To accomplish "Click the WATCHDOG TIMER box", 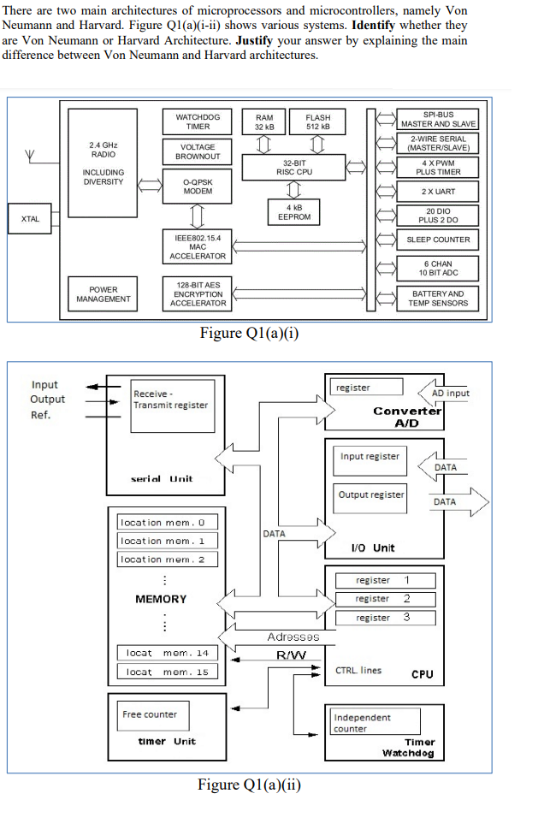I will click(198, 121).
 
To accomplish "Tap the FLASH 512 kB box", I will click(317, 121).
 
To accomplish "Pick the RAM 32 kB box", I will click(264, 121).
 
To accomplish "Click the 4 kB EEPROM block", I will click(293, 212).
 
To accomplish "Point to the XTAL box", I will click(30, 218).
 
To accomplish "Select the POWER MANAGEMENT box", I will click(103, 294).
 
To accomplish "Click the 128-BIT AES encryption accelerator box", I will click(198, 293).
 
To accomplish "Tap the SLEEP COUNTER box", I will click(438, 240).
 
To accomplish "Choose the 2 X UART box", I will click(438, 192).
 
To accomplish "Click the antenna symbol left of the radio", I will click(31, 157).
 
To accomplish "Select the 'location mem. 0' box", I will click(168, 522).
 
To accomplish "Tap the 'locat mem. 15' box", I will click(168, 672).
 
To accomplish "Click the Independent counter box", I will click(373, 722).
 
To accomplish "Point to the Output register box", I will click(371, 494).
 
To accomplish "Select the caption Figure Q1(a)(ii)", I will click(249, 785).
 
